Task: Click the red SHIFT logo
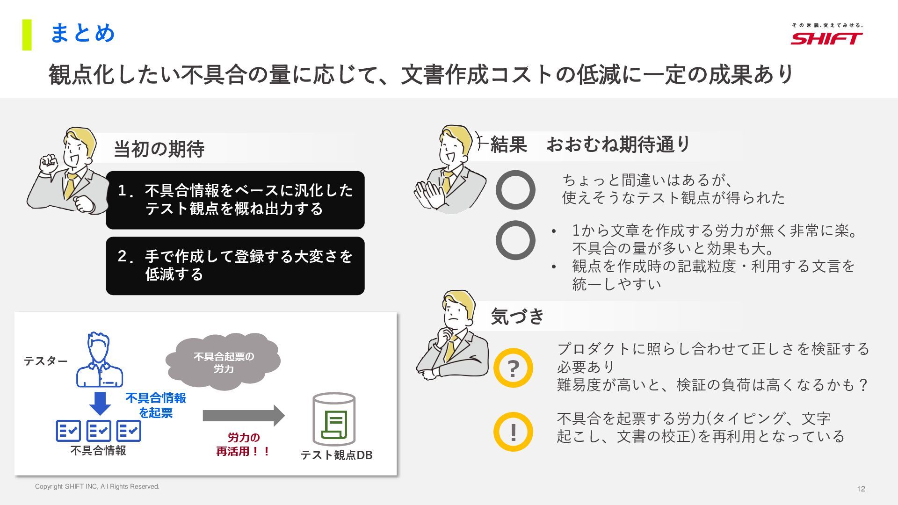[x=826, y=38]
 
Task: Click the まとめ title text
[x=82, y=33]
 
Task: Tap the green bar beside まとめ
[x=27, y=35]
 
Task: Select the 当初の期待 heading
[x=159, y=149]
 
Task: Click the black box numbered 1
[x=235, y=200]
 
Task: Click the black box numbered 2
[x=235, y=266]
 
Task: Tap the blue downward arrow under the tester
[x=100, y=403]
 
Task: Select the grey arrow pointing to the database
[x=244, y=415]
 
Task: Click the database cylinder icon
[x=334, y=419]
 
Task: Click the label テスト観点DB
[x=336, y=455]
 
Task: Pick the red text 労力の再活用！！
[x=244, y=444]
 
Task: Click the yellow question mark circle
[x=513, y=368]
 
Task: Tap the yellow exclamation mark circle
[x=513, y=432]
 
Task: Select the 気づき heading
[x=518, y=316]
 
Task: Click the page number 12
[x=861, y=489]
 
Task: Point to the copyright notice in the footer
[x=97, y=486]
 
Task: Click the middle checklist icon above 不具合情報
[x=99, y=431]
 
